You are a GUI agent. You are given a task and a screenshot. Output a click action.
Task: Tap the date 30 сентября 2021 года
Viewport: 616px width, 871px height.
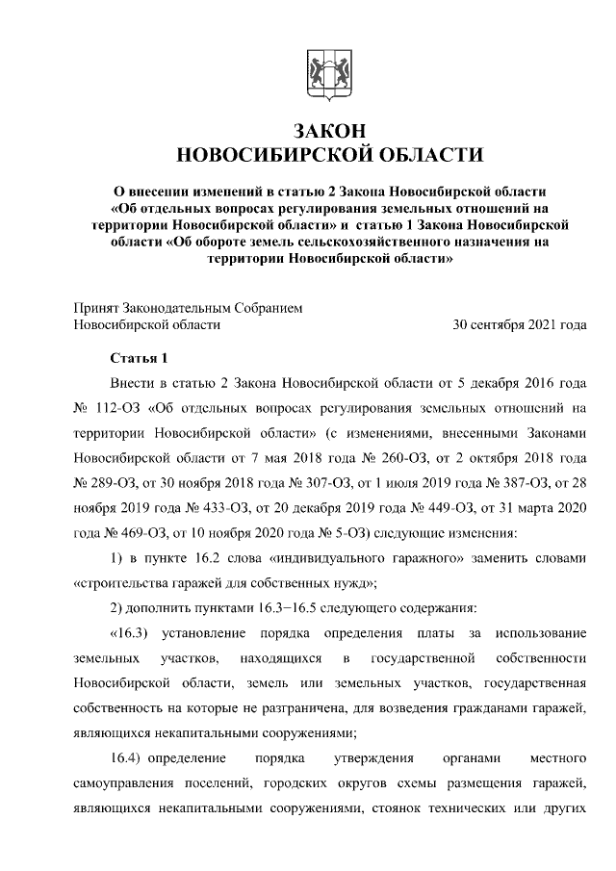point(520,325)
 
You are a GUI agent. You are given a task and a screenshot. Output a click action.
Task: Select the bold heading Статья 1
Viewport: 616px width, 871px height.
point(140,360)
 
